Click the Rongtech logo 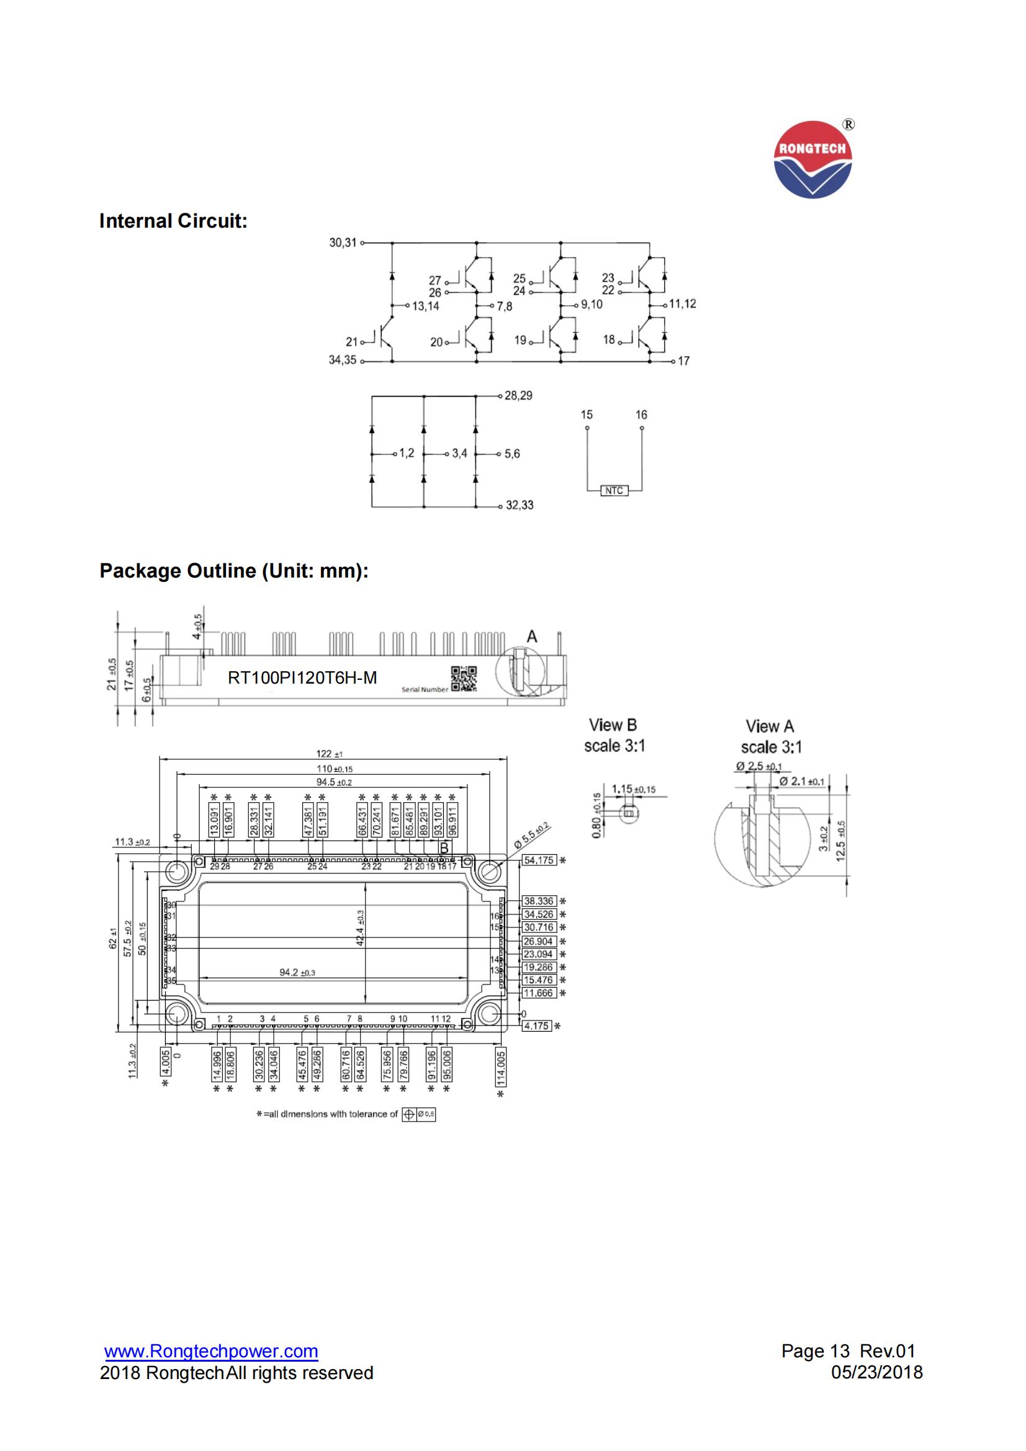[813, 160]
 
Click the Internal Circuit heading [173, 221]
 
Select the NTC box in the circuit [613, 491]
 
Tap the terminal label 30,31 [343, 243]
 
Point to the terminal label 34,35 [342, 360]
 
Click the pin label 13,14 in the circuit [425, 306]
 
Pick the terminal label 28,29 [518, 396]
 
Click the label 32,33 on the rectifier [519, 506]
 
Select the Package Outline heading [234, 571]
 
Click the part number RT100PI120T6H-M [302, 678]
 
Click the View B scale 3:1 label [614, 736]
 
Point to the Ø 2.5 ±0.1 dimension [758, 767]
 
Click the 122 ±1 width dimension [329, 754]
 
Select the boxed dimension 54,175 [539, 860]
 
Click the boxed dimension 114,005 [501, 1066]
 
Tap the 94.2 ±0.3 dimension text [297, 973]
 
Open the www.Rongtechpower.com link [211, 1351]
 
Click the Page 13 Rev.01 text [848, 1351]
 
